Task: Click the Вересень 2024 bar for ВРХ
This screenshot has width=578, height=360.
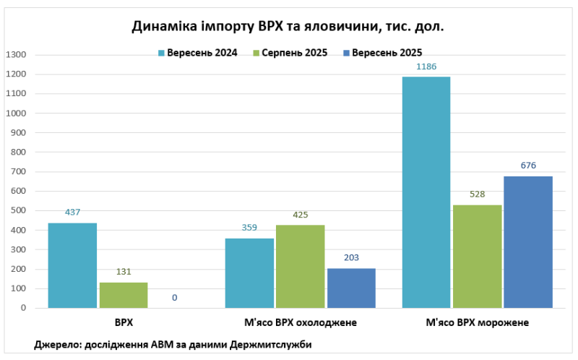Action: (72, 265)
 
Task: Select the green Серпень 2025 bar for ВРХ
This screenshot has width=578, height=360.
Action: (124, 295)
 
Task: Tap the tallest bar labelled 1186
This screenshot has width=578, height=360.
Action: (426, 192)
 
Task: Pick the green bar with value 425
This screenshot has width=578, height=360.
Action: (300, 266)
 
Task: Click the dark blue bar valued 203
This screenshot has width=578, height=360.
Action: (351, 288)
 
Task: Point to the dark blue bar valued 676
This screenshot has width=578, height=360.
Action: (528, 242)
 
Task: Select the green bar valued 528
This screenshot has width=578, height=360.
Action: (477, 257)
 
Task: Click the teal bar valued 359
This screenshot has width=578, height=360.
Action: (249, 273)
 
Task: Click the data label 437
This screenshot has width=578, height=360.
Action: (72, 213)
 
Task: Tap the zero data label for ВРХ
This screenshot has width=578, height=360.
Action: (175, 298)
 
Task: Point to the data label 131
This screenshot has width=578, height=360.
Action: (124, 273)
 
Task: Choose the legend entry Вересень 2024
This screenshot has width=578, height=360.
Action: (197, 52)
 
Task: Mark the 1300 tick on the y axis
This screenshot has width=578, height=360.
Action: (15, 55)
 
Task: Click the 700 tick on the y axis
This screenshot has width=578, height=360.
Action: (18, 172)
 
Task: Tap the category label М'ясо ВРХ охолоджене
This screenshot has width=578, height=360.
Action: (300, 322)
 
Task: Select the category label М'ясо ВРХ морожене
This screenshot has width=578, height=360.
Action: (477, 322)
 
